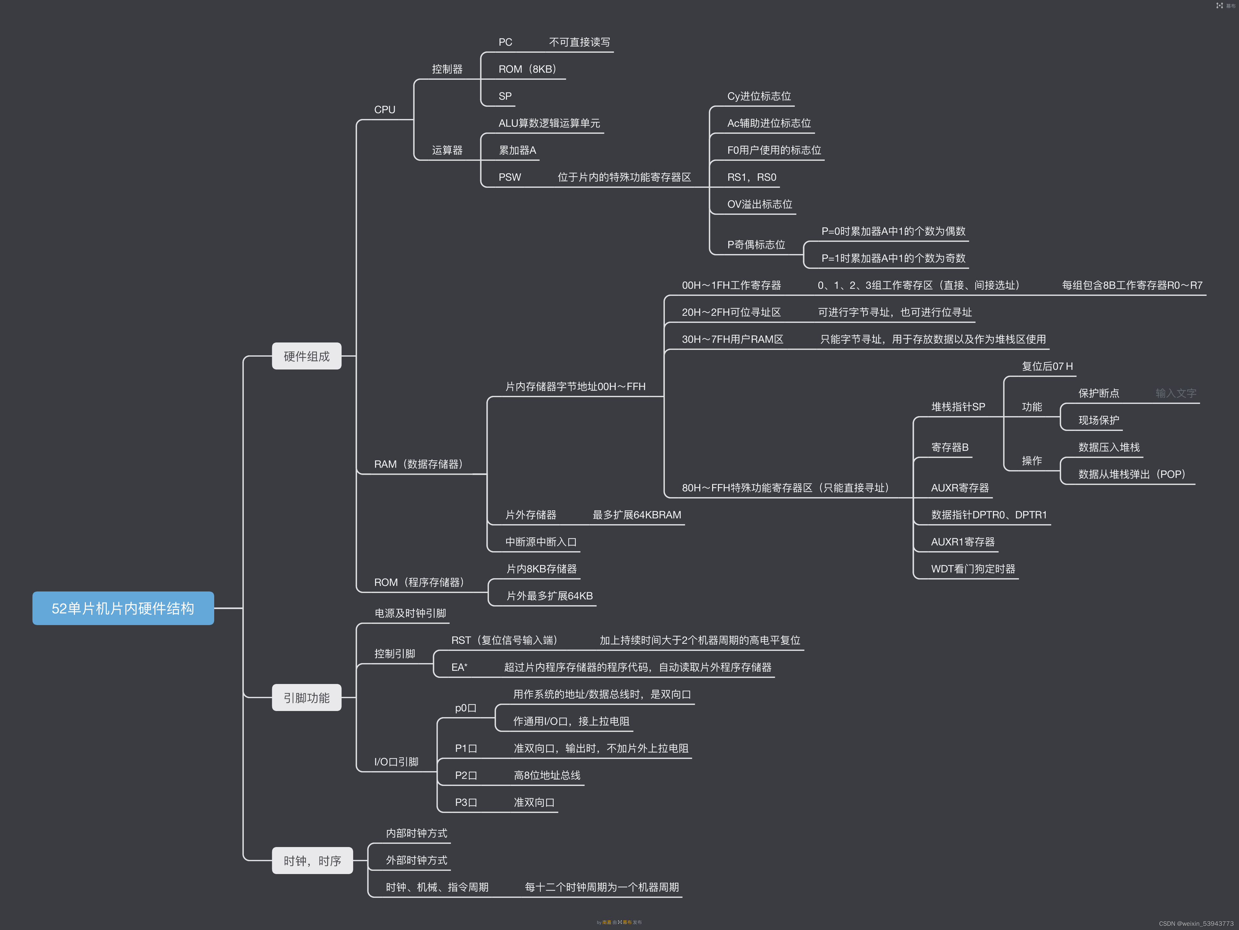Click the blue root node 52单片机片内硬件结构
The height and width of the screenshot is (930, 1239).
123,608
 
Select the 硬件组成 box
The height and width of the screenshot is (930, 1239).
307,356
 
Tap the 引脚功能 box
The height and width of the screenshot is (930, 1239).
307,697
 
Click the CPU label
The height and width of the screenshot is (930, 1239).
385,110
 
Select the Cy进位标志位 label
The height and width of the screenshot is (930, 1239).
759,96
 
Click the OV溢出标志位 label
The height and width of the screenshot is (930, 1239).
759,205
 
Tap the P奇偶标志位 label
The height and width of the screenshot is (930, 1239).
756,245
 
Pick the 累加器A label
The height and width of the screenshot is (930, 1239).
517,150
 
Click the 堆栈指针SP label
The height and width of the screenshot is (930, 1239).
958,407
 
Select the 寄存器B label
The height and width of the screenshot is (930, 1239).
950,447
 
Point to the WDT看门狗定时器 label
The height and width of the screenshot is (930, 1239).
973,569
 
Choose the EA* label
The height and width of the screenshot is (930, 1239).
459,667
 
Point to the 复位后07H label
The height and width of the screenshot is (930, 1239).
1047,366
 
